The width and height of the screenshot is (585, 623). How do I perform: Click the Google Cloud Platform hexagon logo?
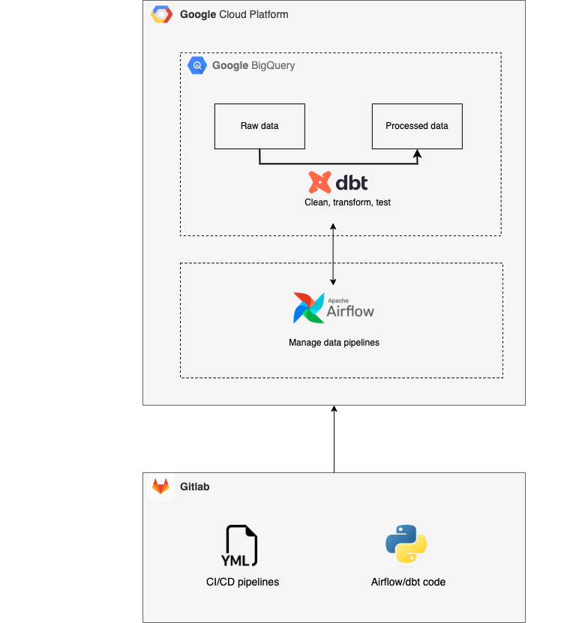point(161,14)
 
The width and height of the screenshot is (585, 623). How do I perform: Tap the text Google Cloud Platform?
point(234,14)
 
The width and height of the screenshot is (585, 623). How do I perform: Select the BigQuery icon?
point(197,65)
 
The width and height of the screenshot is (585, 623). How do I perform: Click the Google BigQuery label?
point(253,65)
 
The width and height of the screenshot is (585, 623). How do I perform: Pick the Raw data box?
point(259,126)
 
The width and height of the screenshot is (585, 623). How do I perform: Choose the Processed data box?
point(417,126)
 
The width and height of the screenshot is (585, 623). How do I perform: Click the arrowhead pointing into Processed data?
point(418,154)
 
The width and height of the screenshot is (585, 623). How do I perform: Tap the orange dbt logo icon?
point(320,182)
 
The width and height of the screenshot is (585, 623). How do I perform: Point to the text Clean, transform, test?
point(347,202)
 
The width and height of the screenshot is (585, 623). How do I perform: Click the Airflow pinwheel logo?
point(308,307)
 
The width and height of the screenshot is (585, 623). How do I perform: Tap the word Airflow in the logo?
point(350,310)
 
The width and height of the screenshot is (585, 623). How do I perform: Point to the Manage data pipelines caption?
point(334,343)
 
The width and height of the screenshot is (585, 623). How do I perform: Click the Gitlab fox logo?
point(161,487)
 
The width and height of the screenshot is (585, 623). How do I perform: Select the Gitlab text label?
point(194,487)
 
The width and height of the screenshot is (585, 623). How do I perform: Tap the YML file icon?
point(241,545)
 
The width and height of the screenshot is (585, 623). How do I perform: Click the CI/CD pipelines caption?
point(242,582)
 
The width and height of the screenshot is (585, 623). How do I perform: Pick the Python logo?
point(406,544)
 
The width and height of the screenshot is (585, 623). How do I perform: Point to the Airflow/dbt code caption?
point(408,582)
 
